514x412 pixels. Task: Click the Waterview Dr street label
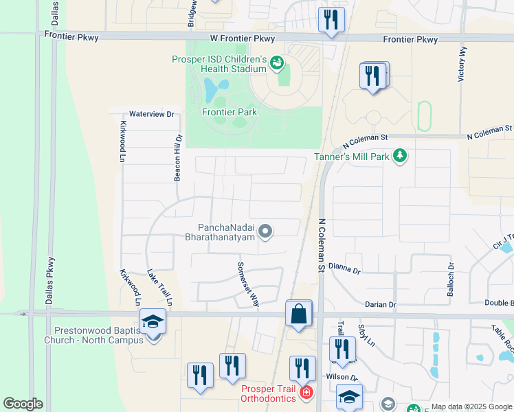point(152,114)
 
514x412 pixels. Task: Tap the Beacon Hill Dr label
point(177,157)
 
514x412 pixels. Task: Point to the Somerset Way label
point(247,284)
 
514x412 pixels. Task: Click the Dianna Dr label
point(344,268)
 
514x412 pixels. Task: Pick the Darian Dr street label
point(381,304)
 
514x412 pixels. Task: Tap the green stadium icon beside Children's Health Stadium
point(278,63)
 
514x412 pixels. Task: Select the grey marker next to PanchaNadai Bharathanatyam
point(266,231)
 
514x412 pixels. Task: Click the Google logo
point(23,404)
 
